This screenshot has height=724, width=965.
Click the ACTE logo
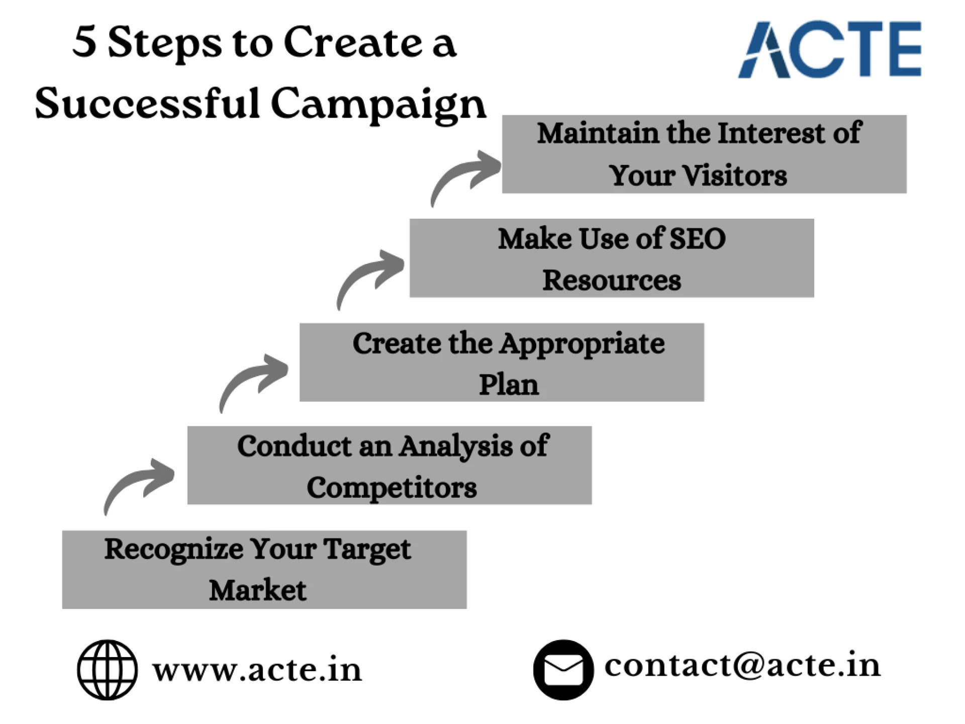coord(829,49)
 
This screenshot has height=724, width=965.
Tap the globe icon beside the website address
coord(107,670)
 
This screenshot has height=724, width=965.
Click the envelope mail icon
coord(563,670)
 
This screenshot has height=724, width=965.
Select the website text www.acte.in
coord(257,670)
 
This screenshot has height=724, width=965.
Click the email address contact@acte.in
coord(742,665)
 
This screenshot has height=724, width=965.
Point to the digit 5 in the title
coord(84,41)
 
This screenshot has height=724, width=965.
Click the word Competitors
coord(392,488)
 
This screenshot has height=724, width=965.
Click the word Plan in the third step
coord(508,385)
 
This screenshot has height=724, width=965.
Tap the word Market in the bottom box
coord(257,590)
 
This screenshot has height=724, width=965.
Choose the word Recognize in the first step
coord(173,550)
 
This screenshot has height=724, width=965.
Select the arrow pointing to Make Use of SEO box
coord(370,277)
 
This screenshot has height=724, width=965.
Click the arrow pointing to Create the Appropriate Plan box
coord(254,380)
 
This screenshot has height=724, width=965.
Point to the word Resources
coord(612,280)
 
